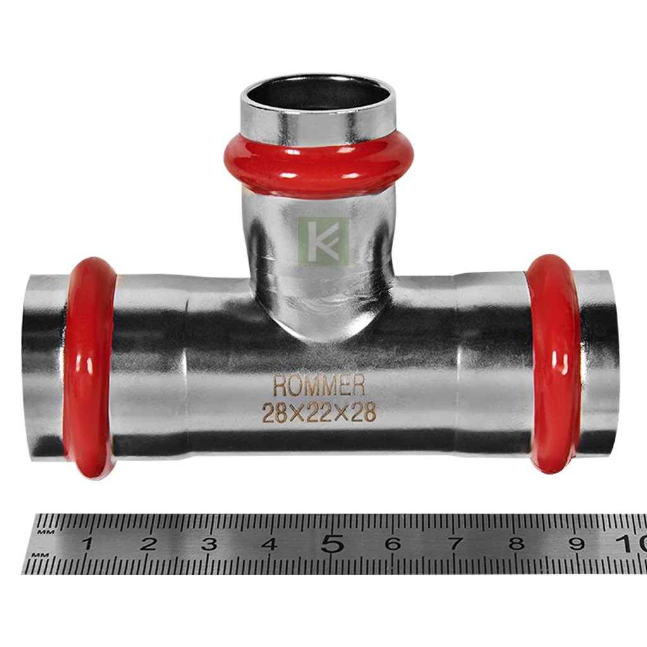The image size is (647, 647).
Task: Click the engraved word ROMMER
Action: click(319, 385)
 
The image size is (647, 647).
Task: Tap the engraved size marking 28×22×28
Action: click(320, 412)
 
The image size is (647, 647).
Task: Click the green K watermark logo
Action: click(323, 241)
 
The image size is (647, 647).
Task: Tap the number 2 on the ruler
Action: click(148, 544)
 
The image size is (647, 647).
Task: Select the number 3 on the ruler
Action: click(209, 544)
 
